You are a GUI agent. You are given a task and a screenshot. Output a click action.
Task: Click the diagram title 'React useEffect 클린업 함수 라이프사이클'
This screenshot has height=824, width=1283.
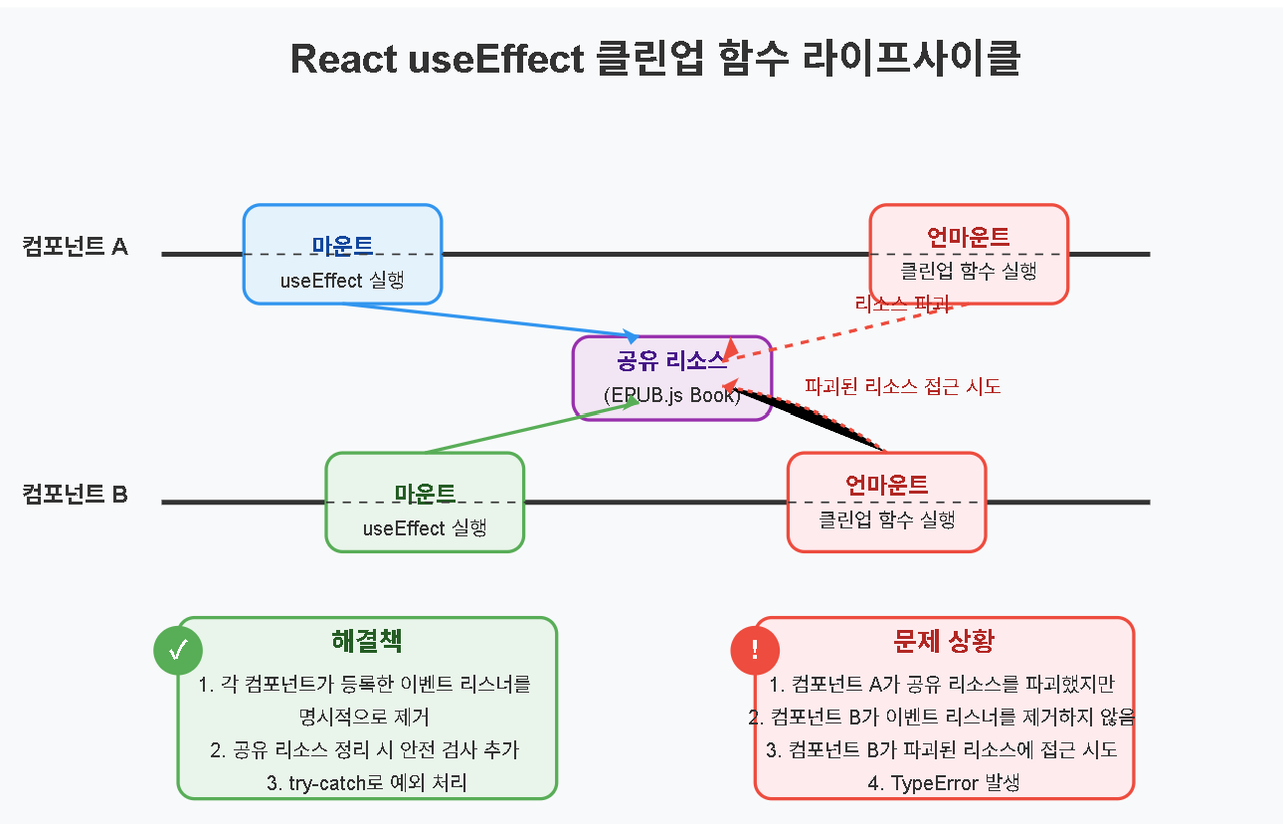tap(655, 59)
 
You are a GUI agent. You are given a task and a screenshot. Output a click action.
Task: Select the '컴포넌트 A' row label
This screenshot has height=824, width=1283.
tap(76, 246)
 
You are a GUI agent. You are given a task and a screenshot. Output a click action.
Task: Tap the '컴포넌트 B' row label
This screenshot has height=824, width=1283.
tap(76, 494)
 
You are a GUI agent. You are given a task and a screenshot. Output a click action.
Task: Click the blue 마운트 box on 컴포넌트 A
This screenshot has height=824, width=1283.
tap(342, 254)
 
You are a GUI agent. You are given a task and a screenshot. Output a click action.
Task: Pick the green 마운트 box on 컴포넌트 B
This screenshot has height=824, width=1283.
tap(425, 502)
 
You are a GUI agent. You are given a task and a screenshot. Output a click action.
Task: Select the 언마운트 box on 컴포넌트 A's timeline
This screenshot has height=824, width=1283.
tap(969, 253)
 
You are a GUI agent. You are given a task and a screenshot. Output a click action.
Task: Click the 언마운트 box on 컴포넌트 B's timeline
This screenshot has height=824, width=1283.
tap(886, 502)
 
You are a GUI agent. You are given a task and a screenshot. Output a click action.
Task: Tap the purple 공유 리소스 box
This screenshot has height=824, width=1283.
tap(672, 377)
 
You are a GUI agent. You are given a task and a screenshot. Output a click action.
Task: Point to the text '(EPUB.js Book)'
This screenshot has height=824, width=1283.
tap(672, 395)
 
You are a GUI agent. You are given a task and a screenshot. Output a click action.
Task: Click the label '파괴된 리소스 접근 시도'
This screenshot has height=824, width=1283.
tap(902, 386)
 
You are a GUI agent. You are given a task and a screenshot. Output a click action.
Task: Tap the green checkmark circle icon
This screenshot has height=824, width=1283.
tap(178, 651)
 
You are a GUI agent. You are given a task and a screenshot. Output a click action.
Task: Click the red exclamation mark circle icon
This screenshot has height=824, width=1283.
tap(755, 651)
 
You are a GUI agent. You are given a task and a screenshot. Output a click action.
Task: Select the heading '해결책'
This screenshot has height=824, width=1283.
tap(367, 640)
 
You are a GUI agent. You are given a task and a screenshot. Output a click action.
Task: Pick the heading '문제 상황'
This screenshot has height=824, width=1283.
tap(944, 640)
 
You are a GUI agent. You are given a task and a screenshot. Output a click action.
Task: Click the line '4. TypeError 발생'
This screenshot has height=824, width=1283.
tap(944, 783)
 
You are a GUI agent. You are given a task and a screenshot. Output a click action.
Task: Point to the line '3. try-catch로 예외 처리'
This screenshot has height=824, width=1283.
tap(367, 783)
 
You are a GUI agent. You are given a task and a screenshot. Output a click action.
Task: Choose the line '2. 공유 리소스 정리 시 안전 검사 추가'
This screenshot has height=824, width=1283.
tap(367, 750)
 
